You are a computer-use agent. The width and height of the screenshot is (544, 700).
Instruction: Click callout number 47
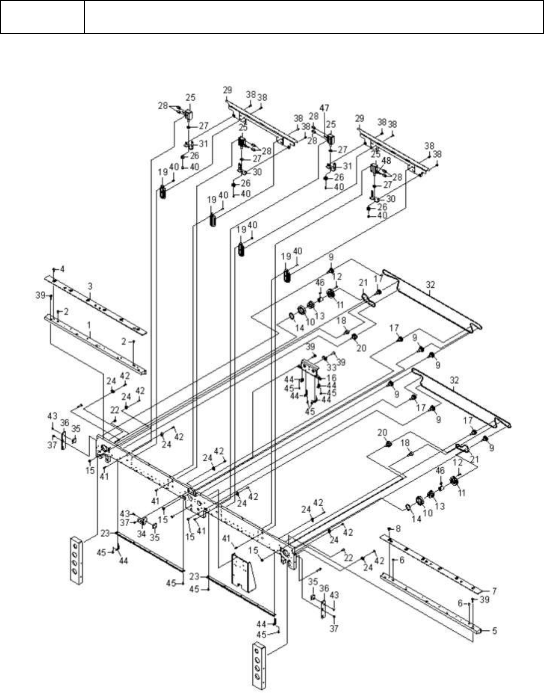pos(324,108)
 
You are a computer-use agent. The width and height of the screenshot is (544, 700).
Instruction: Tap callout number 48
pos(386,161)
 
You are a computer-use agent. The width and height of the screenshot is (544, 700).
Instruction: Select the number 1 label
pos(89,325)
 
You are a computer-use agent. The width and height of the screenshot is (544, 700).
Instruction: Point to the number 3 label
pos(62,269)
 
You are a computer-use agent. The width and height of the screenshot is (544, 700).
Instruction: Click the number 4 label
pos(494,630)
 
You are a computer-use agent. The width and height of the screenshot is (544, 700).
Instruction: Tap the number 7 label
pos(494,591)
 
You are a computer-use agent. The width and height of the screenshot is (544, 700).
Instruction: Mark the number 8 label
pos(398,528)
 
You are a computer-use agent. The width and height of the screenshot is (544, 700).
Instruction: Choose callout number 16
pos(332,378)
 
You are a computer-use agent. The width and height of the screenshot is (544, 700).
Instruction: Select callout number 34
pos(142,534)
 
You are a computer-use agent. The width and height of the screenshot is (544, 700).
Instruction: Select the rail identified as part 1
pos(95,345)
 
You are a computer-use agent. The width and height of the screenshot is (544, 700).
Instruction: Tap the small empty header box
pos(42,17)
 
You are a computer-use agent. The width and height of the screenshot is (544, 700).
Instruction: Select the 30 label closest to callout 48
pos(391,199)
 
